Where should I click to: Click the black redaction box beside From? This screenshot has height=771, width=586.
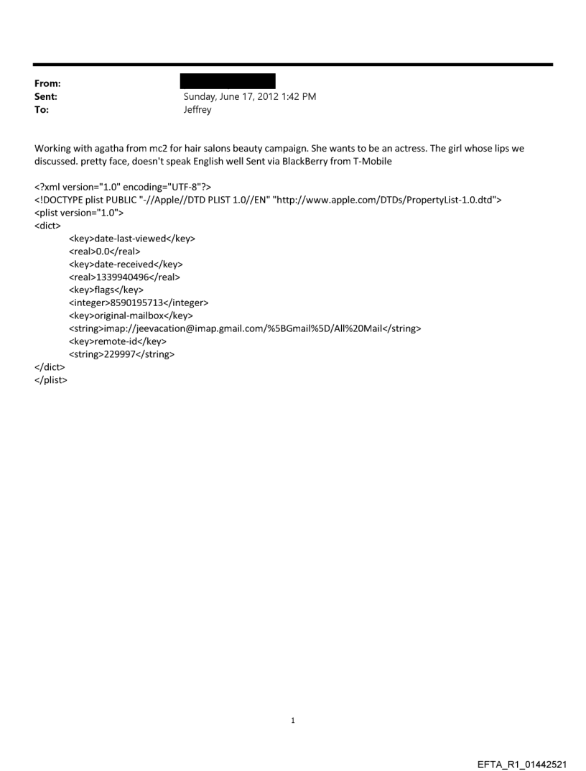pyautogui.click(x=228, y=81)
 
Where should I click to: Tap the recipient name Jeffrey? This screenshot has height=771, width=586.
pyautogui.click(x=198, y=109)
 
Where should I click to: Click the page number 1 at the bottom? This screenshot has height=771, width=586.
pyautogui.click(x=293, y=720)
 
